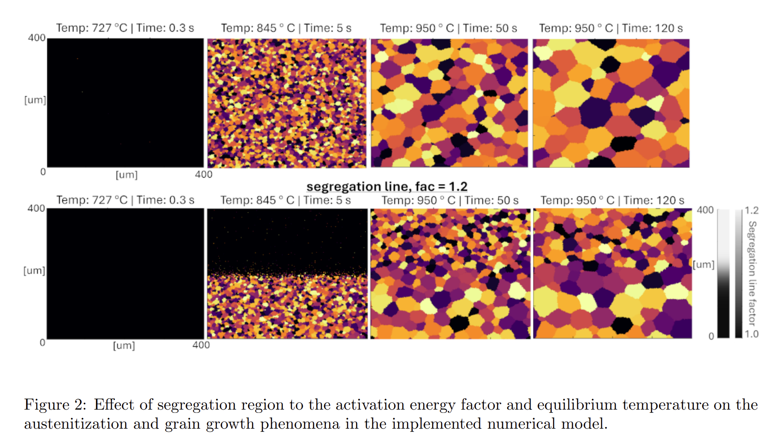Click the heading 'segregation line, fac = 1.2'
coord(387,187)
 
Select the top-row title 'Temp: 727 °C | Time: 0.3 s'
coord(125,28)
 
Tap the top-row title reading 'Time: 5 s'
coord(286,28)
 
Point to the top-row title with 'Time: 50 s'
coord(448,28)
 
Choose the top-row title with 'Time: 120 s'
coord(610,28)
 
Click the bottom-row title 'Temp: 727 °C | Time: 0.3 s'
coord(125,200)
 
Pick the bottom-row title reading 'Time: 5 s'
coord(285,200)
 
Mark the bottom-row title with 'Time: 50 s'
coord(450,200)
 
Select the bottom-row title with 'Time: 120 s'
coord(612,200)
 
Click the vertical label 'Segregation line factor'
coord(752,273)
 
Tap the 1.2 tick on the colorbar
coord(751,210)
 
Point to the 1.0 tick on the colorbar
coord(751,334)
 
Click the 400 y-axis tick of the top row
coord(36,38)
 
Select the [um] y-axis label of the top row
coord(35,100)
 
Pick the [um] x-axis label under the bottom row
coord(124,346)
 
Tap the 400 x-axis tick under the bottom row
coord(201,345)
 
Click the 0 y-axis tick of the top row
coord(43,172)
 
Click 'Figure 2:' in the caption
coord(55,405)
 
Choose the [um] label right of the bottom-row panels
coord(703,264)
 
